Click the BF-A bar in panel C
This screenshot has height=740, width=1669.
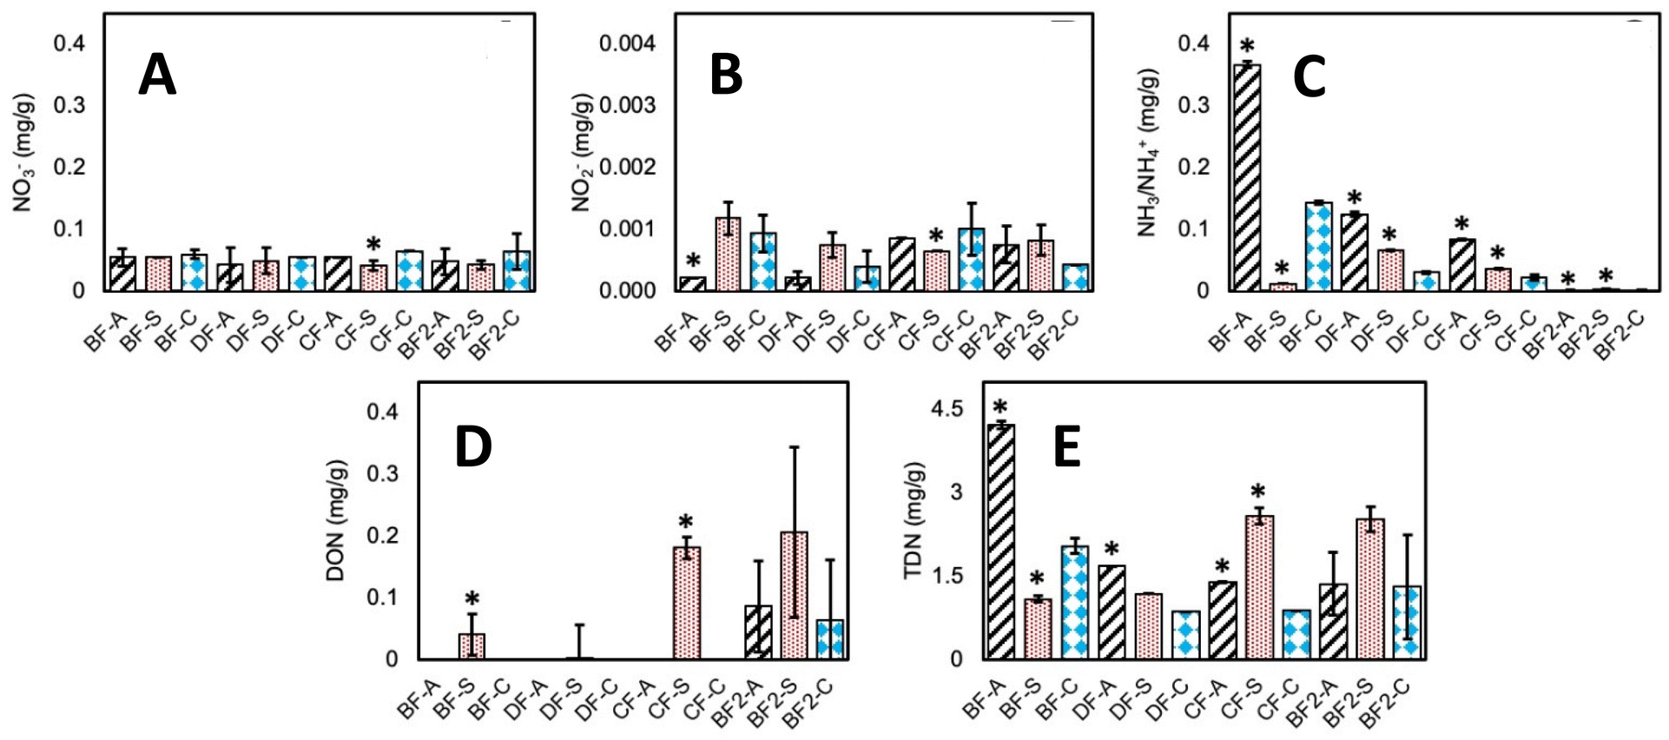pos(1247,177)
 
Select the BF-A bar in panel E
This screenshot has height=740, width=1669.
pos(1001,541)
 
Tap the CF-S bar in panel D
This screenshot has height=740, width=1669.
pos(687,603)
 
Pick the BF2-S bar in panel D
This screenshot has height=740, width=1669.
pos(794,596)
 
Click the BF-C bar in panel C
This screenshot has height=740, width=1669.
pos(1318,247)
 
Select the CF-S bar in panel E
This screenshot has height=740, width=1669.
pos(1259,587)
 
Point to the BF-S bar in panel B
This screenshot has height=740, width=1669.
pos(728,254)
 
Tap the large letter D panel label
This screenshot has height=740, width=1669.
pos(473,446)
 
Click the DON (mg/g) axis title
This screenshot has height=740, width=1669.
pos(336,520)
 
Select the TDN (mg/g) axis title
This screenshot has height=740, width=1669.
pos(914,520)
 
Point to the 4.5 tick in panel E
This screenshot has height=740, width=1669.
pos(947,408)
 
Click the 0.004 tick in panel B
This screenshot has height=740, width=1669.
pos(628,43)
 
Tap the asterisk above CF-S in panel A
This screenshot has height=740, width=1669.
pos(373,244)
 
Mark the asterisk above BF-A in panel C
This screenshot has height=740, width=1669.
pos(1247,46)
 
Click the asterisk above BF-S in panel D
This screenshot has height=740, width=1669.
pos(472,599)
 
